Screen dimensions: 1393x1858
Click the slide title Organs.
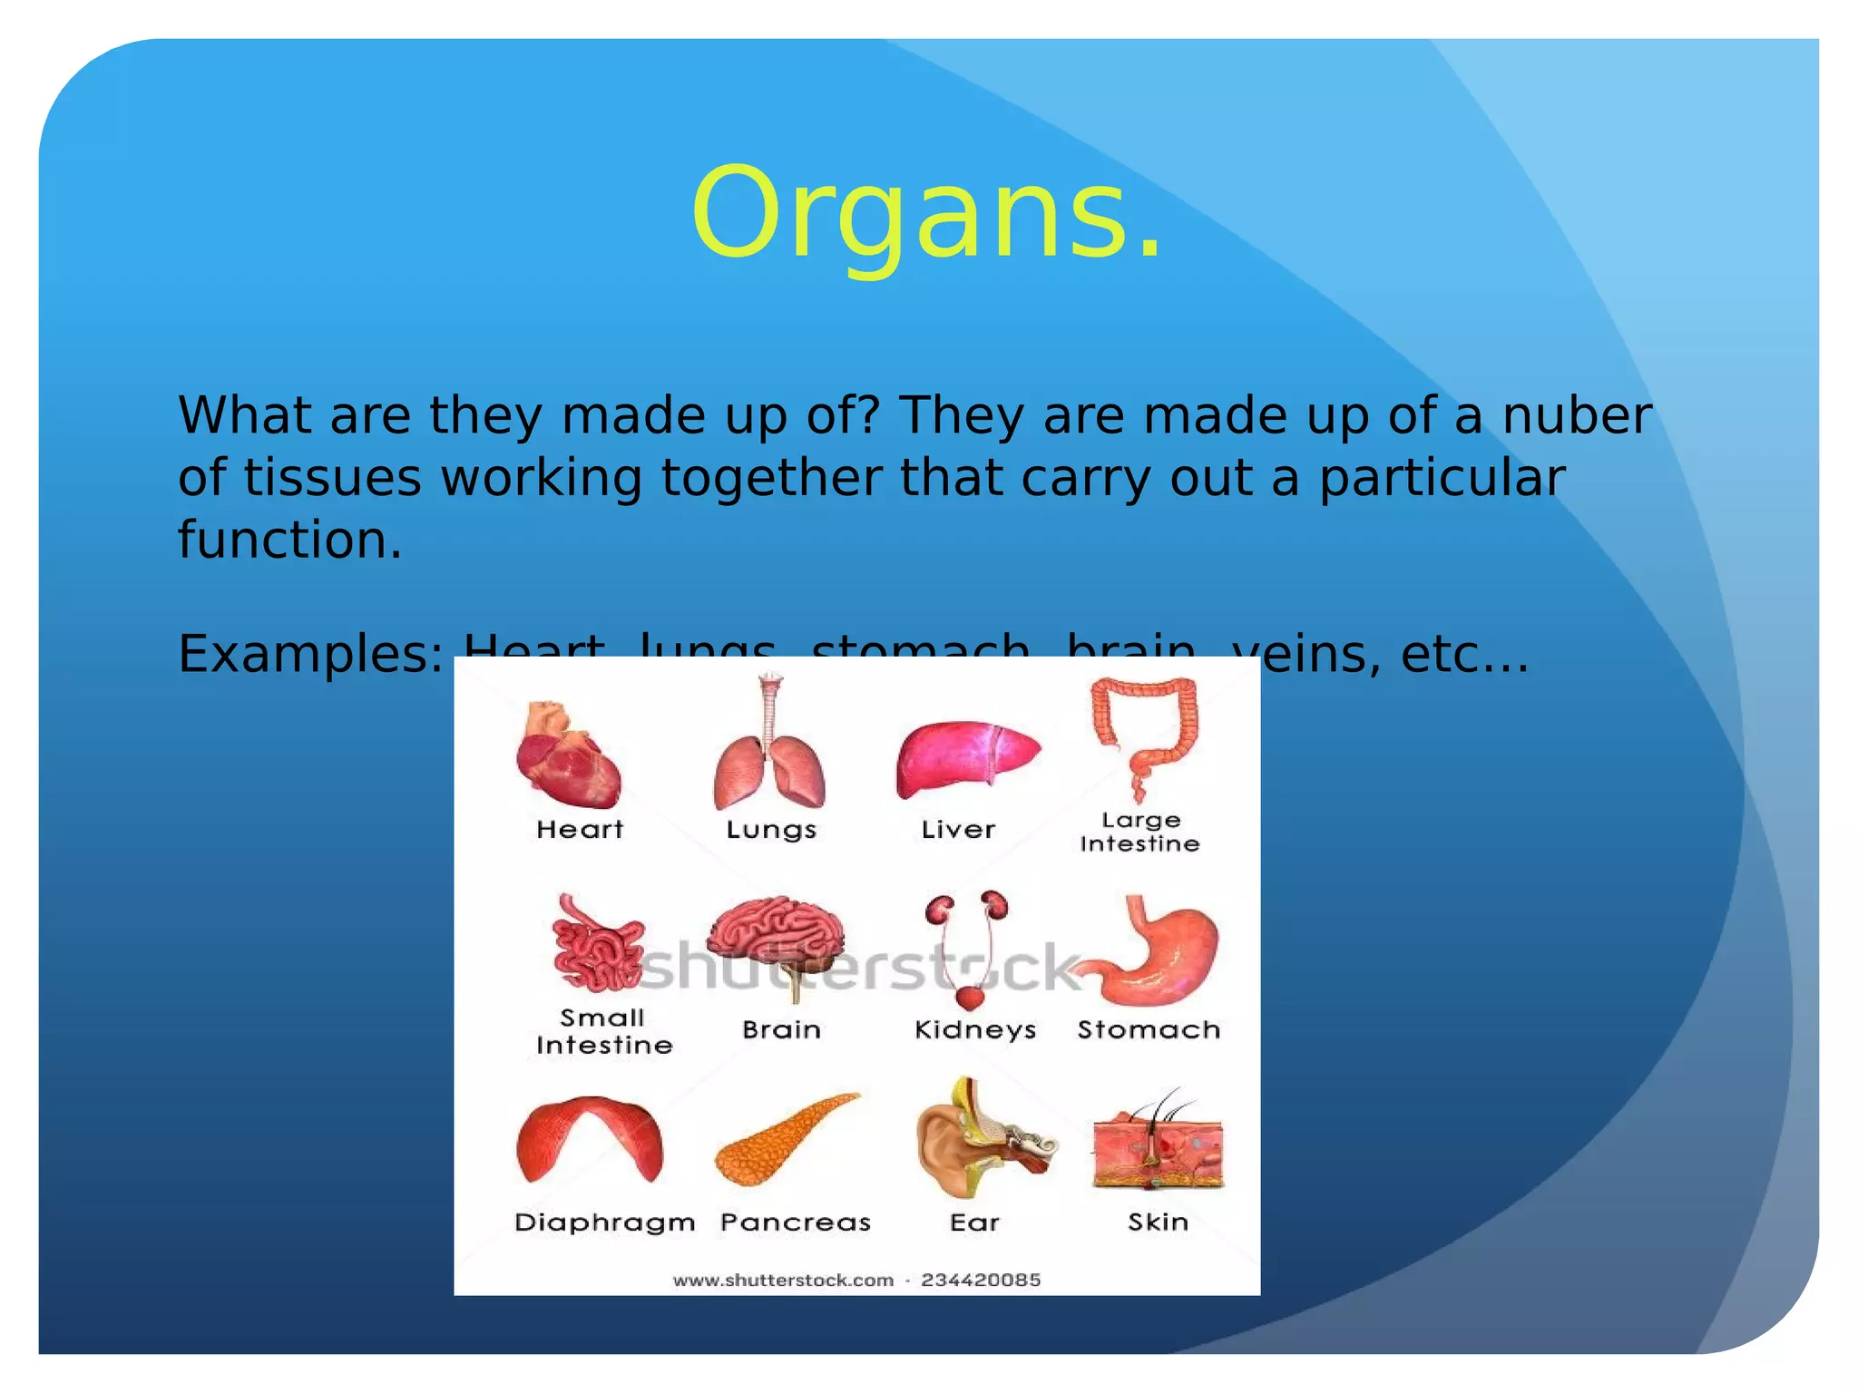pyautogui.click(x=925, y=214)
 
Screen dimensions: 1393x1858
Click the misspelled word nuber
pyautogui.click(x=1576, y=415)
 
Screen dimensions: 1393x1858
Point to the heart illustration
pyautogui.click(x=569, y=755)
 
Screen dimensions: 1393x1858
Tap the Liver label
pyautogui.click(x=958, y=829)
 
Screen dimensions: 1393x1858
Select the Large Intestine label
pyautogui.click(x=1140, y=832)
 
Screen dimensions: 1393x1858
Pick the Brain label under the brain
pyautogui.click(x=781, y=1029)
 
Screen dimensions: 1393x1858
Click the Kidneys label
pyautogui.click(x=975, y=1029)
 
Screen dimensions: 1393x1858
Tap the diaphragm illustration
pyautogui.click(x=590, y=1138)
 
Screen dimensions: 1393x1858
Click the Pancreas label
pyautogui.click(x=796, y=1223)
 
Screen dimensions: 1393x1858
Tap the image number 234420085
pyautogui.click(x=981, y=1280)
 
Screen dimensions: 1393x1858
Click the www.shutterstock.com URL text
pyautogui.click(x=783, y=1280)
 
